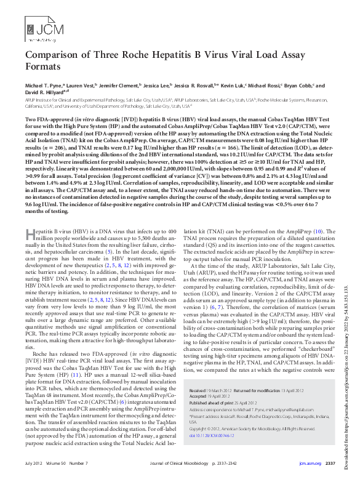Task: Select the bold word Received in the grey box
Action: (199, 374)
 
